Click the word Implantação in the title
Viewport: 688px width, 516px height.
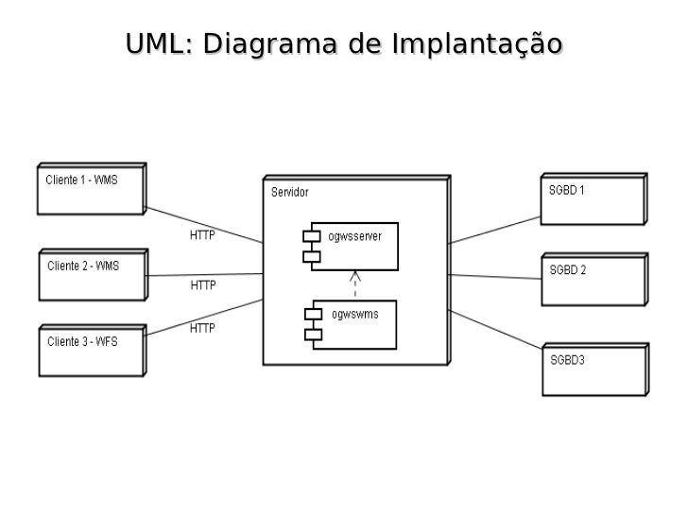pos(476,44)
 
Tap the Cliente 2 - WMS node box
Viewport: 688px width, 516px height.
pos(92,275)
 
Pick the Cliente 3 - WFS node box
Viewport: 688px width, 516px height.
pos(91,351)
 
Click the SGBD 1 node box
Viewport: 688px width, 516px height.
pos(593,199)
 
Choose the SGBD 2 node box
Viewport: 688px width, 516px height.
pos(593,280)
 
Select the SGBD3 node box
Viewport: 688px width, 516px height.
pos(593,370)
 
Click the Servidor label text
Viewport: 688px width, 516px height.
pos(289,193)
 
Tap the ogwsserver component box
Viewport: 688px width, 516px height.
pos(350,246)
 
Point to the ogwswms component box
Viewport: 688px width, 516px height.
pos(350,324)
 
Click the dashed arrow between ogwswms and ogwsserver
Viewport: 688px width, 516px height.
pos(355,284)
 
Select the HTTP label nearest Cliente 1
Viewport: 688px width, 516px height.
pos(202,235)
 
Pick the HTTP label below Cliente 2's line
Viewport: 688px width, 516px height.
pos(203,284)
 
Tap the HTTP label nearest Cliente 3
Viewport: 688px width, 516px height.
pos(202,329)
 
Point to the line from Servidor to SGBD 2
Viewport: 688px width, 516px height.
pos(494,276)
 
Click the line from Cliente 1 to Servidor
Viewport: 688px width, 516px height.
pos(203,224)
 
